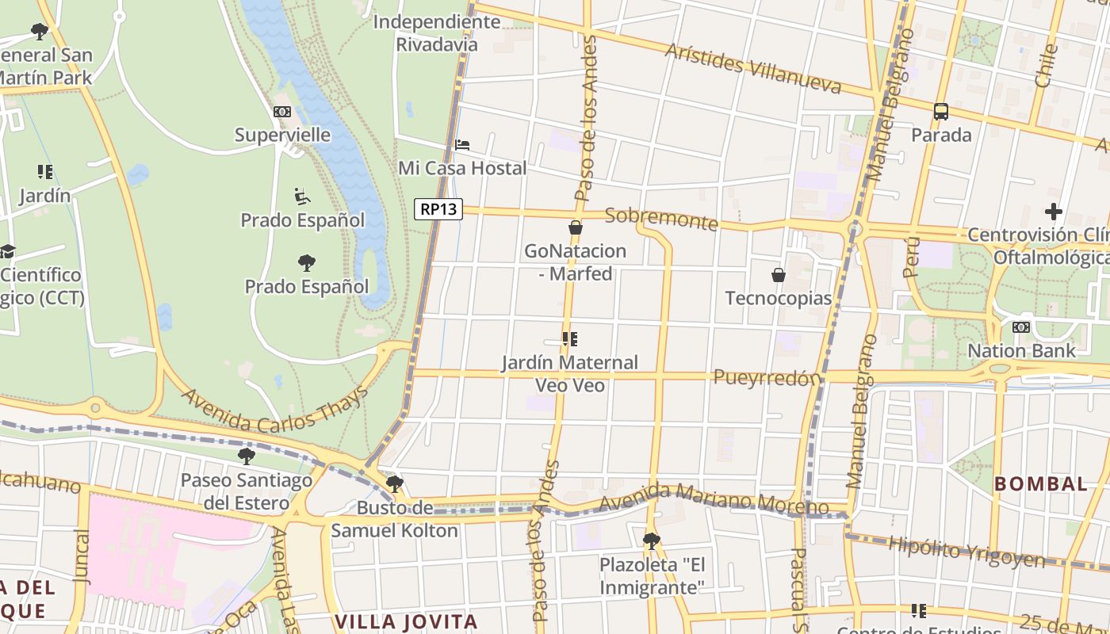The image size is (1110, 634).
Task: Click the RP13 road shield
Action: [438, 209]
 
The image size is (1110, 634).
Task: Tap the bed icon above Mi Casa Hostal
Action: [463, 145]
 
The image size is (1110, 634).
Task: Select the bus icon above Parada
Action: [941, 112]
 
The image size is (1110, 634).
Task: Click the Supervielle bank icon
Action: [282, 112]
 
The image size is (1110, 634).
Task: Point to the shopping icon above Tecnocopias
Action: [779, 275]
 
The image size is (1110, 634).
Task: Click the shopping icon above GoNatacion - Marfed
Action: [576, 227]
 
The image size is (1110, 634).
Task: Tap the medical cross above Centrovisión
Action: [1053, 212]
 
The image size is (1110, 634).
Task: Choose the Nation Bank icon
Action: [1021, 327]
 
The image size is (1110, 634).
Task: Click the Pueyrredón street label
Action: [767, 378]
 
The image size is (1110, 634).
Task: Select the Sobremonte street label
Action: [661, 219]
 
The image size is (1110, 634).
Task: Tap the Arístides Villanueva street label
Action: [752, 68]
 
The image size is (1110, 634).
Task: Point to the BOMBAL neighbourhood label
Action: [1041, 483]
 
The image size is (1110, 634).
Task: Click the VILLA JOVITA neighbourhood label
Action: [406, 621]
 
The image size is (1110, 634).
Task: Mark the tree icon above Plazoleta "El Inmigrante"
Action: [652, 541]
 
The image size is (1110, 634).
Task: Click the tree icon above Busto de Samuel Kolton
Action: [394, 484]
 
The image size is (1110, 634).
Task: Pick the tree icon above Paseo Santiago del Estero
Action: [247, 456]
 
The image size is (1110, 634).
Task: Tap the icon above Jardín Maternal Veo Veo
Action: [569, 339]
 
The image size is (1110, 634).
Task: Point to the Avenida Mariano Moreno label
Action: [714, 502]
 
